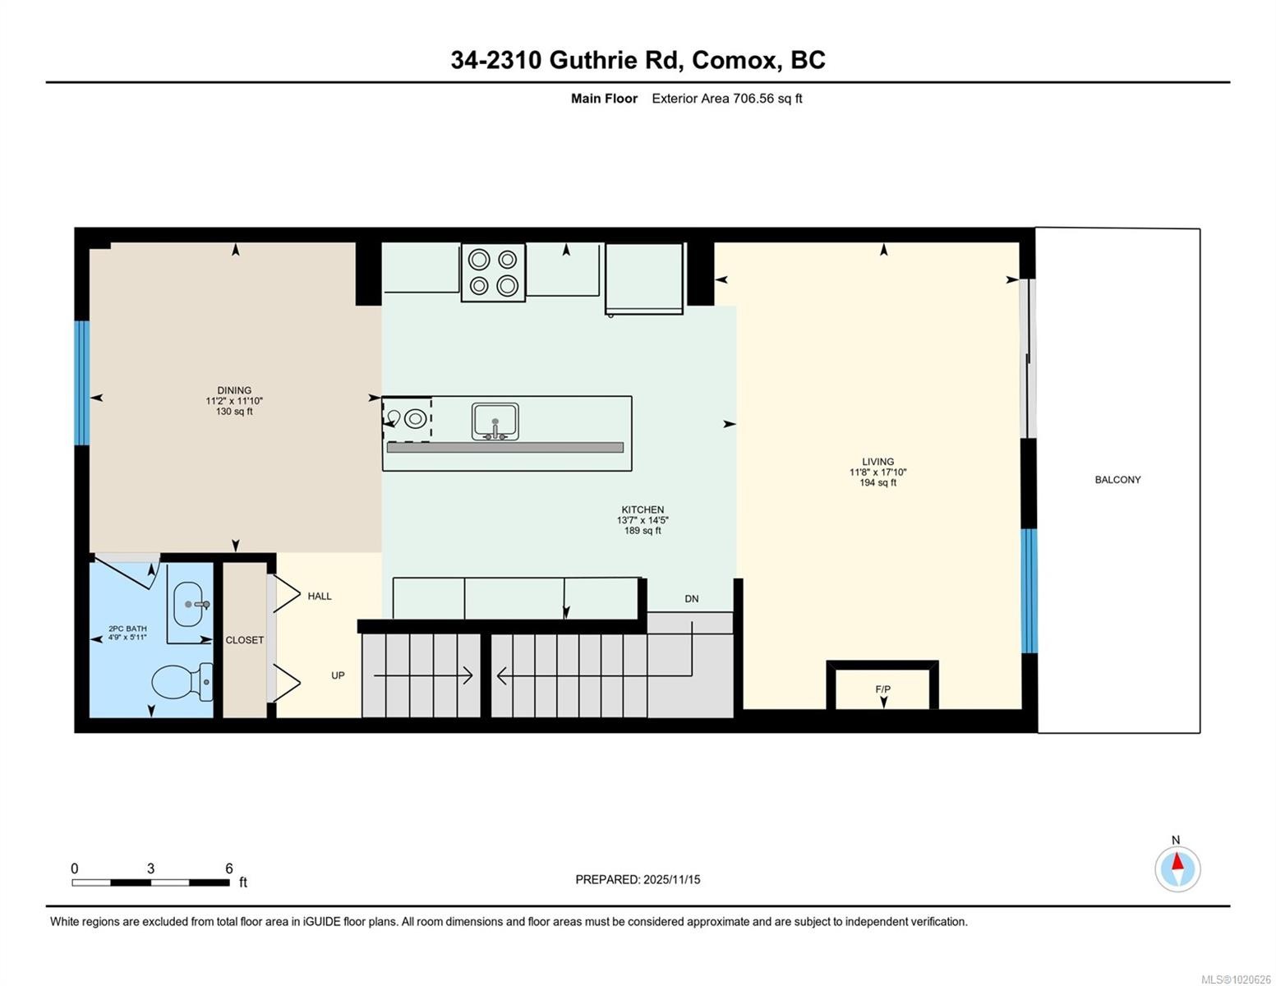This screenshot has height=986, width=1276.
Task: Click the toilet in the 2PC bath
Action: pyautogui.click(x=181, y=681)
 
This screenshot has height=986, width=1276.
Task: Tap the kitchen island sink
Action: pyautogui.click(x=495, y=422)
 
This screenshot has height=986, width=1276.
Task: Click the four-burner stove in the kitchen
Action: pyautogui.click(x=493, y=272)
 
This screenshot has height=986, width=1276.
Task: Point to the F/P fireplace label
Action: pyautogui.click(x=882, y=689)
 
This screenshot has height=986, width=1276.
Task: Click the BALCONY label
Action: pyautogui.click(x=1117, y=480)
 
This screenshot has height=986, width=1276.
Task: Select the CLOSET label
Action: pyautogui.click(x=245, y=640)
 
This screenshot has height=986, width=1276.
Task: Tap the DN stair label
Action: pyautogui.click(x=692, y=599)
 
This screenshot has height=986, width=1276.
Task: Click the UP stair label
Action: pyautogui.click(x=338, y=675)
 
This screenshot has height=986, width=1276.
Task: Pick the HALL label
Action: pyautogui.click(x=320, y=597)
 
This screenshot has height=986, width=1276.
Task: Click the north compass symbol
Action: pyautogui.click(x=1177, y=869)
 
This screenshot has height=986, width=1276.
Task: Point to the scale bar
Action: pyautogui.click(x=150, y=882)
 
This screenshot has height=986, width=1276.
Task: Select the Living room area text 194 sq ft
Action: pyautogui.click(x=878, y=483)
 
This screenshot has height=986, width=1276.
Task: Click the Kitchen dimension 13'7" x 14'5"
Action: pyautogui.click(x=643, y=520)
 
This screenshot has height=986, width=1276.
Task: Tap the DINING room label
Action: pyautogui.click(x=234, y=390)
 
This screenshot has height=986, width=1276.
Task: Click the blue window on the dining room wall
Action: pyautogui.click(x=81, y=383)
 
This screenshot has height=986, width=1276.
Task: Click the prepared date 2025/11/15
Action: pyautogui.click(x=671, y=879)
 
